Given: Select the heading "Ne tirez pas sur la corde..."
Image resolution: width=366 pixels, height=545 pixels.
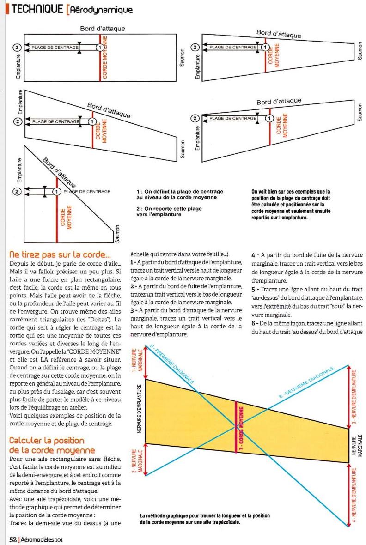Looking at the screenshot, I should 61,254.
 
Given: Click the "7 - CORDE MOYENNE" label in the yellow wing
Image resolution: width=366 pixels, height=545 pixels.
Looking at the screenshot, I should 241,429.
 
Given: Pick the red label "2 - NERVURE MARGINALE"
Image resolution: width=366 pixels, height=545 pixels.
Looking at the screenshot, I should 140,460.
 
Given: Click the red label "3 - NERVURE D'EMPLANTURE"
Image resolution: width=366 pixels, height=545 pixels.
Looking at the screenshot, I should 354,398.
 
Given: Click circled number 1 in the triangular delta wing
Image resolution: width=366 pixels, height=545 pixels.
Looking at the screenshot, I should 57,191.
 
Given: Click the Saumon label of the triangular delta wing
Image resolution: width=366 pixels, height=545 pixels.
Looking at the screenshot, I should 117,234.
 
